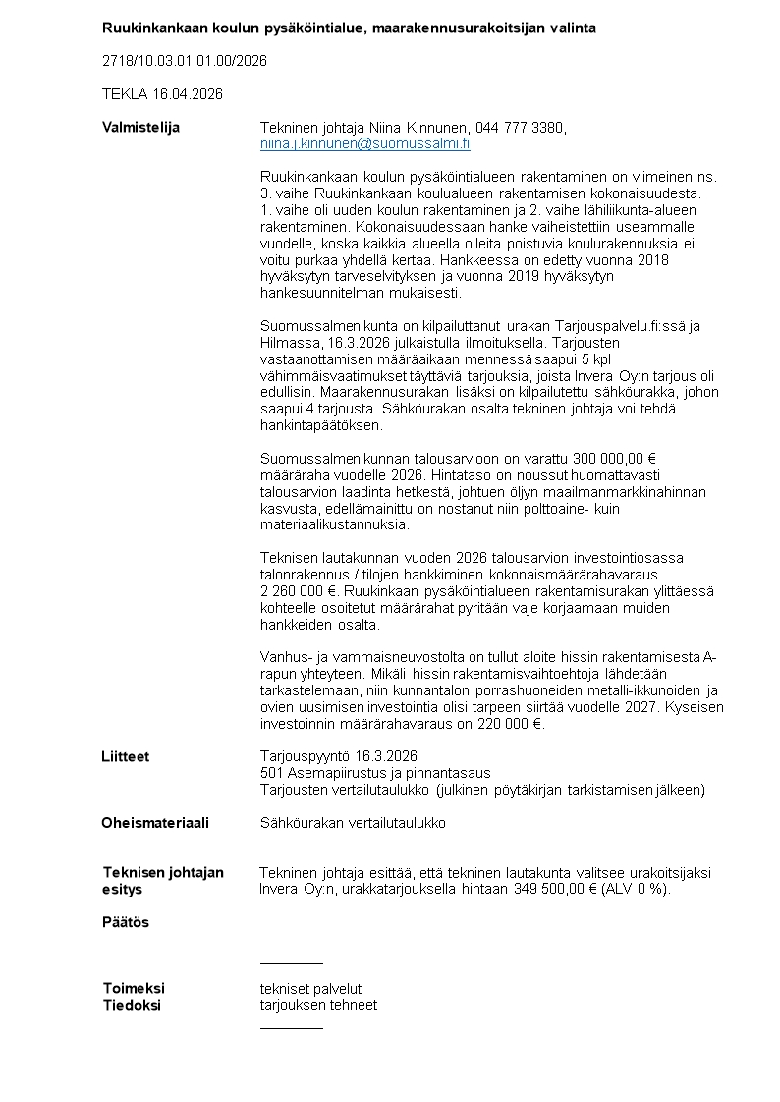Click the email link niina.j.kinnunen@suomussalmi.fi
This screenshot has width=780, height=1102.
click(364, 143)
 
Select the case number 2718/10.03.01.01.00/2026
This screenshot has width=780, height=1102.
click(185, 61)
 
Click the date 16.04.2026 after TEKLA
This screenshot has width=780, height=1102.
click(188, 94)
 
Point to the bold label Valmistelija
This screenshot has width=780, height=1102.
click(140, 128)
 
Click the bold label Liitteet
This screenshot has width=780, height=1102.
click(125, 756)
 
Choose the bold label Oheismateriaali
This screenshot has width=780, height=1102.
click(155, 823)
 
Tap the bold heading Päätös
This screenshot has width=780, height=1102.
click(126, 922)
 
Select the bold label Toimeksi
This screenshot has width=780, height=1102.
click(134, 988)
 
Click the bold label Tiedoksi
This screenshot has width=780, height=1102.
click(132, 1005)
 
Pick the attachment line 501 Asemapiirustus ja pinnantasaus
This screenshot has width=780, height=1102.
click(374, 773)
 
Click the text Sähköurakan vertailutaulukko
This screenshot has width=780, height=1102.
click(352, 823)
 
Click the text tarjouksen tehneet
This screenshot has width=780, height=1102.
click(318, 1005)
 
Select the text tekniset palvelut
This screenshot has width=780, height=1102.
click(310, 988)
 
